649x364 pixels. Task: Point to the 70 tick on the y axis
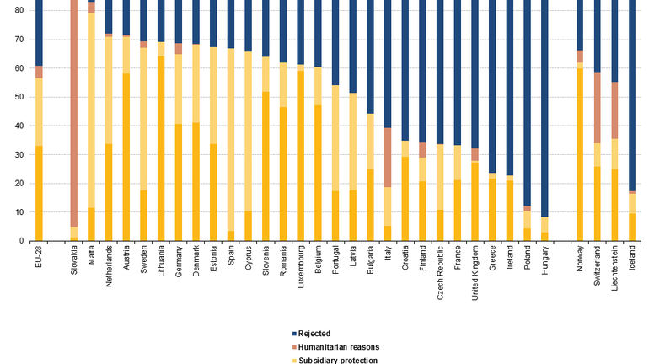19,40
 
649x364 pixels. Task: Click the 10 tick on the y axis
19,212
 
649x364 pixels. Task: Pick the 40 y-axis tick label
19,126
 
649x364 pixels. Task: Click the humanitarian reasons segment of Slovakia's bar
74,110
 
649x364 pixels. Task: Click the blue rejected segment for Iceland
633,93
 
